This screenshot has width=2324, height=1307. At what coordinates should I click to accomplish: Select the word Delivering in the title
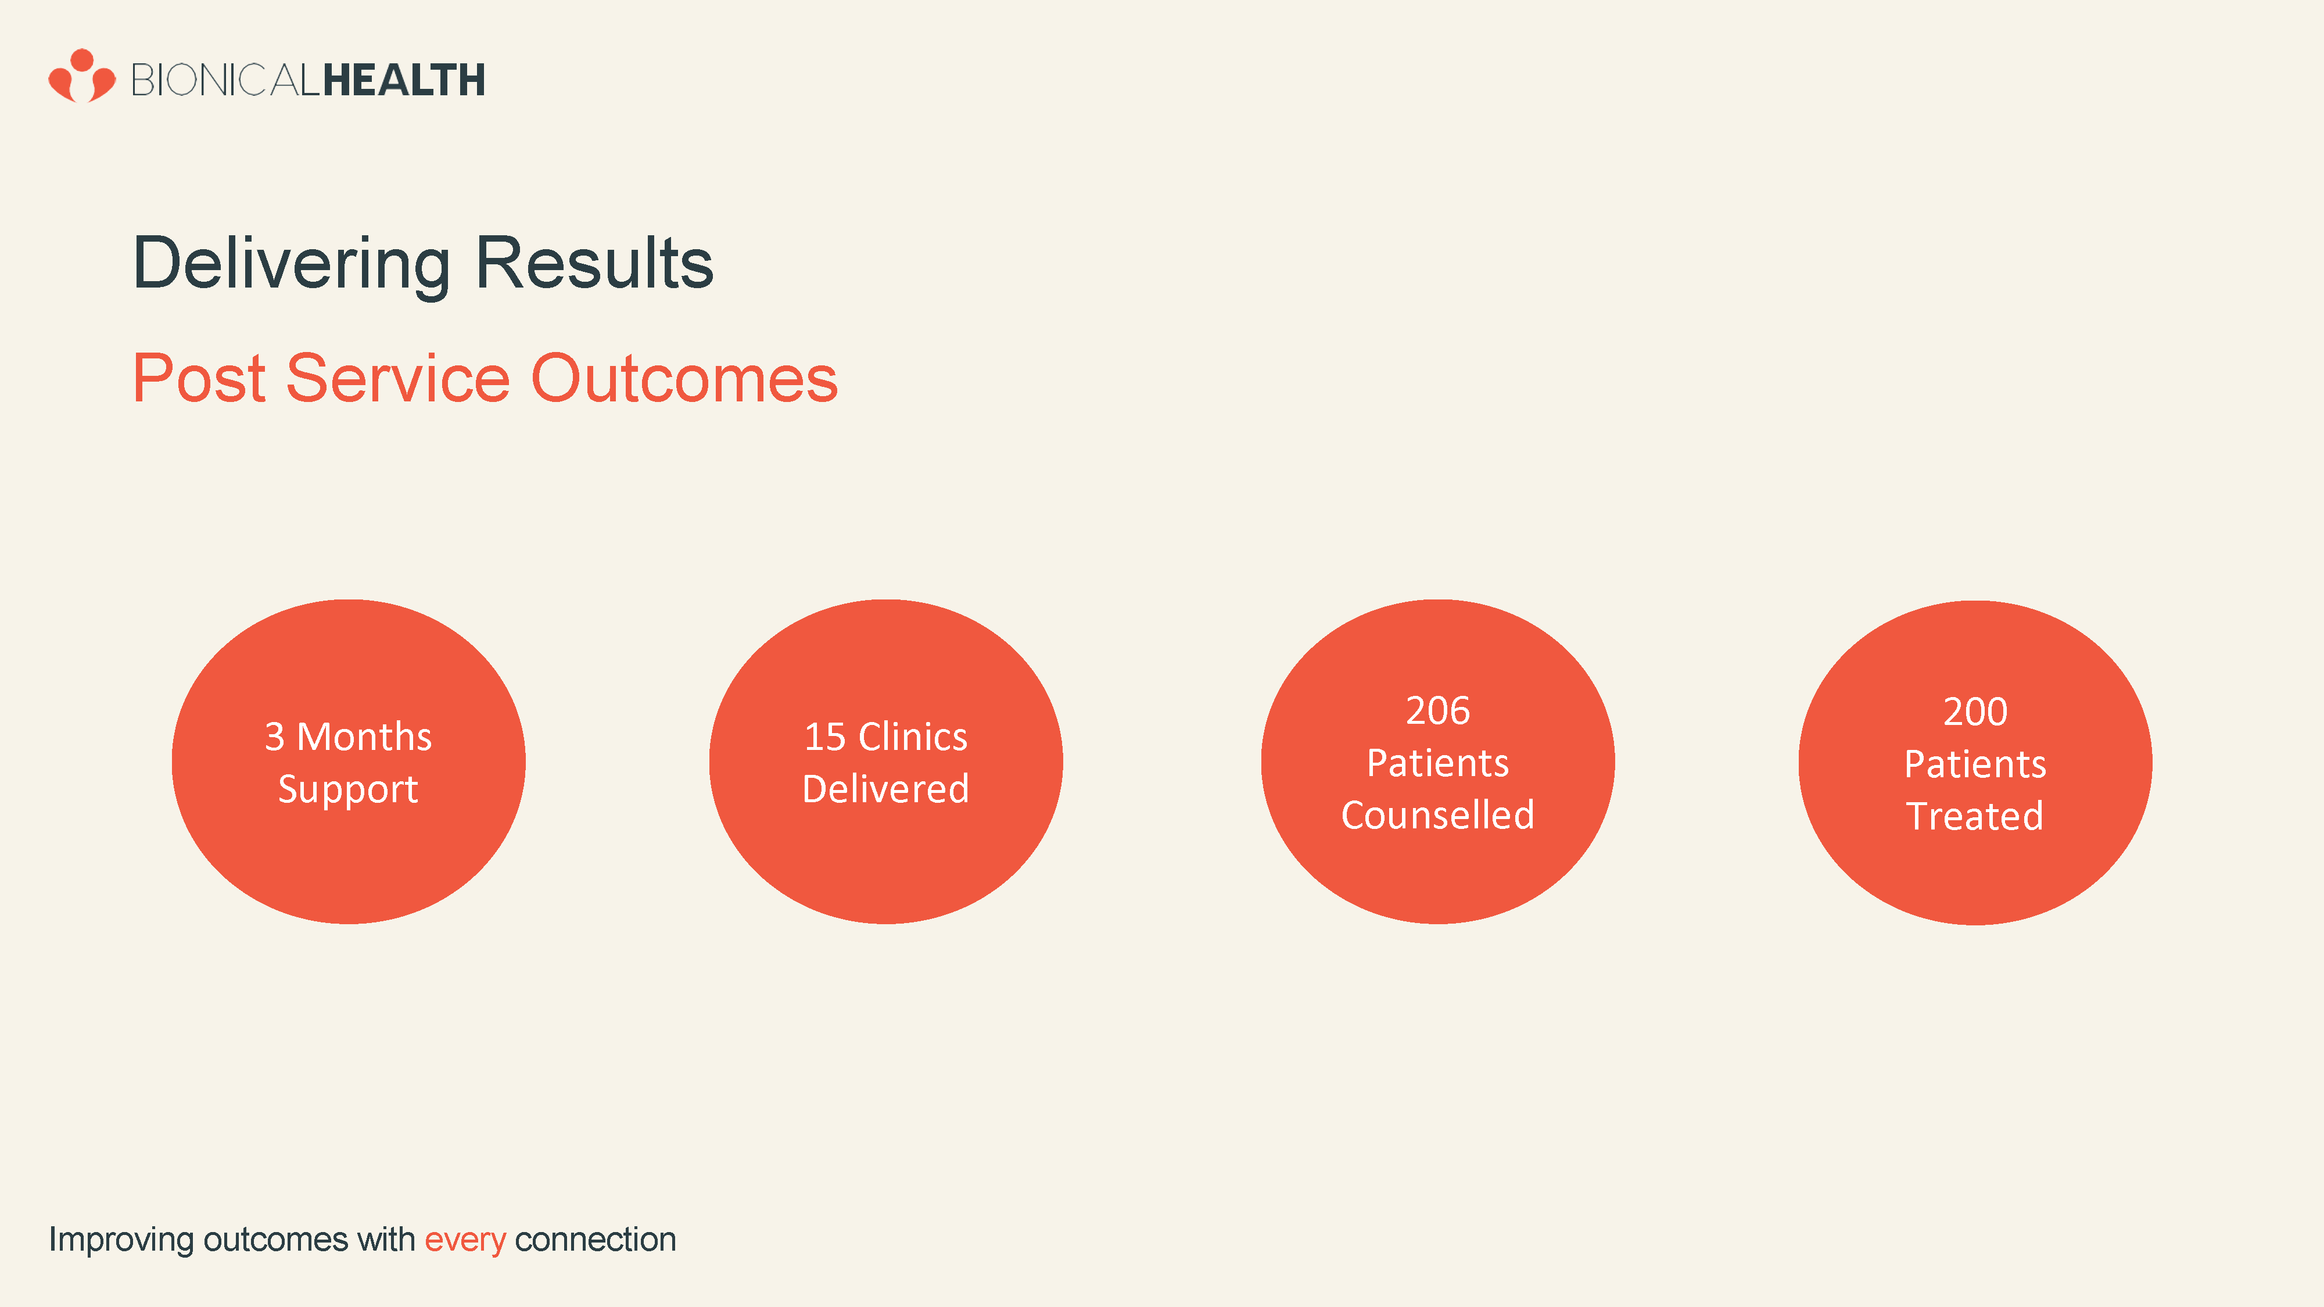coord(292,263)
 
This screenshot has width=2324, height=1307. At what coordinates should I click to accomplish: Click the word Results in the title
coord(594,263)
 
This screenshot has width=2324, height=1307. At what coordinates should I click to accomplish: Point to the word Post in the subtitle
coord(199,378)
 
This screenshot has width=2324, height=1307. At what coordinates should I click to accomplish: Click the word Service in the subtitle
coord(398,378)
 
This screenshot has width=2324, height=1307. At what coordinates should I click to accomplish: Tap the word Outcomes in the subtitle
coord(685,378)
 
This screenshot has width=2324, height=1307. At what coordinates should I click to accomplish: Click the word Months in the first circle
coord(364,737)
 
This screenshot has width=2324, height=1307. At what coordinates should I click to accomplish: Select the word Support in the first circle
coord(348,790)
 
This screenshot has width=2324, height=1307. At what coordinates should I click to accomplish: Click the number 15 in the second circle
coord(824,737)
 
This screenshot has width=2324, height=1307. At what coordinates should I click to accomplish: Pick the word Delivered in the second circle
coord(886,789)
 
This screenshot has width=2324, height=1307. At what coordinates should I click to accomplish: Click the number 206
coord(1438,711)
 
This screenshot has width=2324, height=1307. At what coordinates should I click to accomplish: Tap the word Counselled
coord(1438,816)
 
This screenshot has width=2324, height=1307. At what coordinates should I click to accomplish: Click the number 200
coord(1976,712)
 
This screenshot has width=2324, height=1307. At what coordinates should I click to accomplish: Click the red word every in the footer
coord(465,1240)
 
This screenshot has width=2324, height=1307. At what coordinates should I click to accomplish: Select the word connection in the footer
coord(596,1240)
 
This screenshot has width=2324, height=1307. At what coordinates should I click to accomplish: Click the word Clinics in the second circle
coord(913,737)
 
